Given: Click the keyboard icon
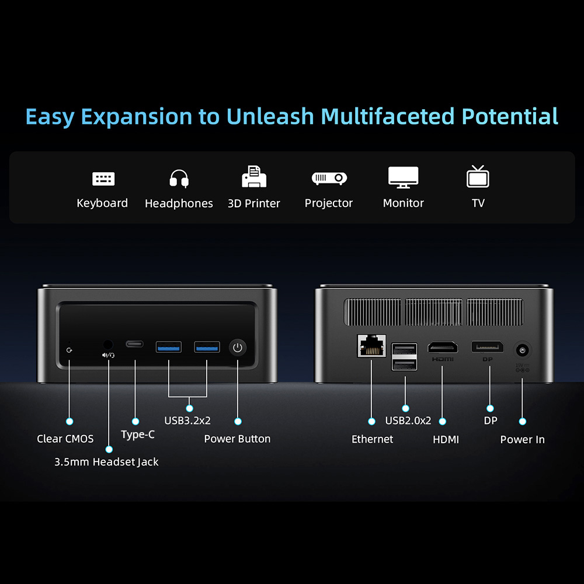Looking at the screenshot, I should pyautogui.click(x=103, y=178).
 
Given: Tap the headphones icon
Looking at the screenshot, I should pyautogui.click(x=179, y=178).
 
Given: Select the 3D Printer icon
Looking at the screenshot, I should pyautogui.click(x=254, y=176).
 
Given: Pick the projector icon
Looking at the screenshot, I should pyautogui.click(x=329, y=178).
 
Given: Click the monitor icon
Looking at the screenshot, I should pyautogui.click(x=404, y=177).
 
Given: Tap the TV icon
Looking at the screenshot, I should pyautogui.click(x=478, y=176).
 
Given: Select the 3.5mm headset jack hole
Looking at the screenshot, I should pyautogui.click(x=108, y=345).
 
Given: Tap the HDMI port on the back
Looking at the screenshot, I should pyautogui.click(x=443, y=347).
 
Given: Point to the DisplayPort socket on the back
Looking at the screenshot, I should pyautogui.click(x=488, y=347).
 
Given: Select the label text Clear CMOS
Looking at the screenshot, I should pyautogui.click(x=65, y=439).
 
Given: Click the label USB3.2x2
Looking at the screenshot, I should pyautogui.click(x=187, y=420).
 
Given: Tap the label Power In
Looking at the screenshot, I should pyautogui.click(x=522, y=440).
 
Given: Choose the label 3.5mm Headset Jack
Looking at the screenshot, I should pyautogui.click(x=106, y=462).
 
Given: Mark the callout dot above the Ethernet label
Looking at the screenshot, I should pyautogui.click(x=371, y=420).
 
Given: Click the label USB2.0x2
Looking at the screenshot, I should pyautogui.click(x=408, y=420).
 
